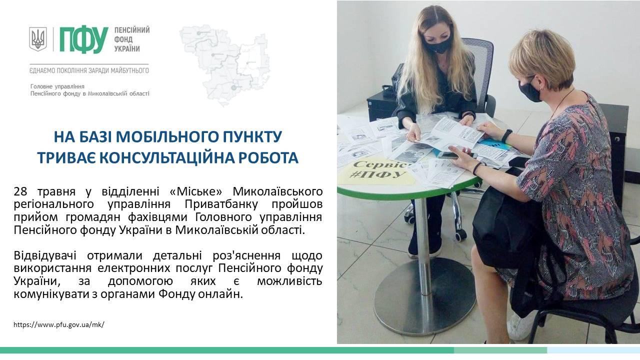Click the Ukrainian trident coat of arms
tap(37, 39)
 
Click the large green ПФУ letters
tap(83, 40)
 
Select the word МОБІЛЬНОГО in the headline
tap(167, 137)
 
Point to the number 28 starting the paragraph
tap(20, 191)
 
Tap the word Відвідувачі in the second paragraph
tap(45, 255)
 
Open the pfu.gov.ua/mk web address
tap(59, 324)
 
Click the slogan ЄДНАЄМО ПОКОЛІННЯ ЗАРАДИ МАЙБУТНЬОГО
tap(89, 70)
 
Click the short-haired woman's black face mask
tap(529, 90)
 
